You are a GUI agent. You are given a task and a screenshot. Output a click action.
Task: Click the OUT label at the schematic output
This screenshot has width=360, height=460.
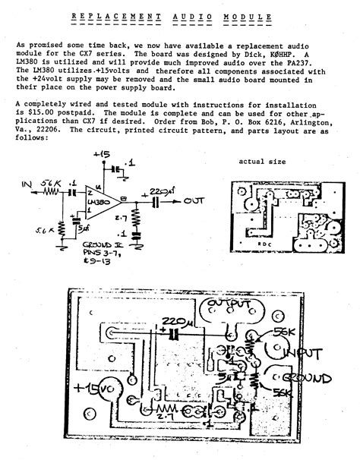197,202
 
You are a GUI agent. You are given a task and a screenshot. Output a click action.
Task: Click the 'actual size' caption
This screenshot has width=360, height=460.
262,162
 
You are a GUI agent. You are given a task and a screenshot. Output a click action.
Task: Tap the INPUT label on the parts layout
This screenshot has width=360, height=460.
304,354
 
